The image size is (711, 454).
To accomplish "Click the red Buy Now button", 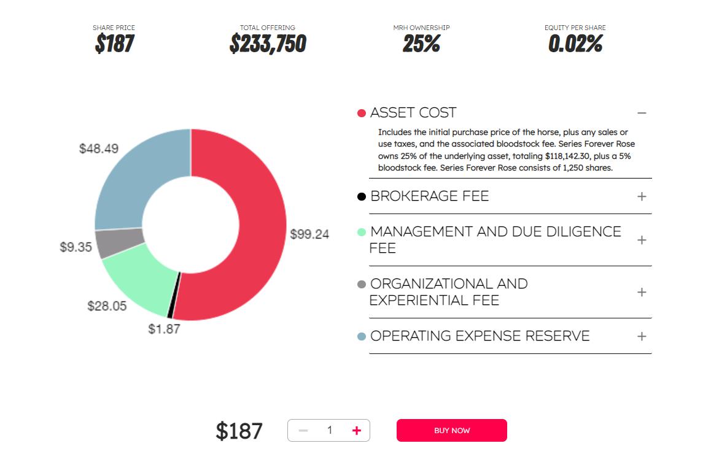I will pos(451,430).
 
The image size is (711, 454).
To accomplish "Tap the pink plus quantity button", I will pos(356,431).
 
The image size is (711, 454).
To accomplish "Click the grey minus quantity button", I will pos(303,431).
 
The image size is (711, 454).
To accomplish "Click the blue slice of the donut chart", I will pos(135,178).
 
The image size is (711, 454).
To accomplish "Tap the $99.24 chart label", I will pos(309,234).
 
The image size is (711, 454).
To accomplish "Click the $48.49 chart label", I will pos(99,148).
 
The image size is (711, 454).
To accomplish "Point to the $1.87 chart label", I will pos(164,329).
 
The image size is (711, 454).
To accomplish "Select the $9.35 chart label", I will pos(76,247).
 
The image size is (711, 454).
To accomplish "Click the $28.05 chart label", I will pos(107,306).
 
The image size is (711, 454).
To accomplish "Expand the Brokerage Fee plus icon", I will pos(642,196).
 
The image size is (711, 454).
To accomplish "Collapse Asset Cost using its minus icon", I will pos(642,113).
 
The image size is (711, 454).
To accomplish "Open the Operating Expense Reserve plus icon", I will pos(642,336).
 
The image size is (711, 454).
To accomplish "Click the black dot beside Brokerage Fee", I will pos(362,196).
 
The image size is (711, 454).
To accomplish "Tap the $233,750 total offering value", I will pos(268,44).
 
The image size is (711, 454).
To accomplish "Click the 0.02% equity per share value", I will pos(575,44).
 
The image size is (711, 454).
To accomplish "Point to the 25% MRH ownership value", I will pos(421,44).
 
